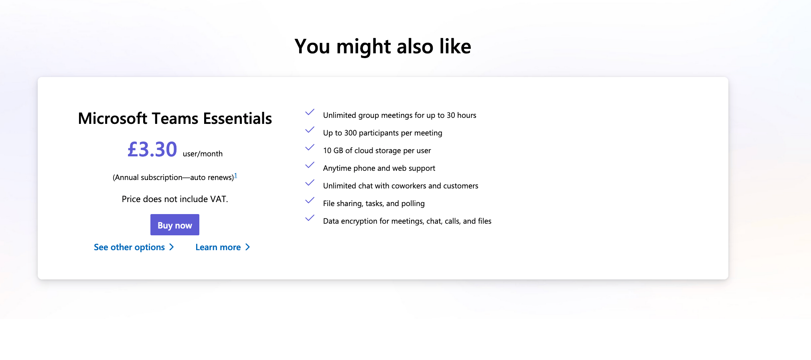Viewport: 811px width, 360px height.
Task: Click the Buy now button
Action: [x=175, y=225]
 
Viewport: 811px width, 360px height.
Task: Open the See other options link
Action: [x=134, y=247]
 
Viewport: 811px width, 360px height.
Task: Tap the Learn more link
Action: [x=223, y=247]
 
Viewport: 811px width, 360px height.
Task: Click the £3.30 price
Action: [x=152, y=150]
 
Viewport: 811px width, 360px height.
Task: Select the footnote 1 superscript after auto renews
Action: [x=236, y=175]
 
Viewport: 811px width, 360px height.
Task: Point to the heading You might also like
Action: [x=383, y=47]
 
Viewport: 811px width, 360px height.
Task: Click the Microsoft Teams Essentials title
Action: [x=175, y=119]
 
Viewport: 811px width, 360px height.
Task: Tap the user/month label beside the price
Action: [x=203, y=154]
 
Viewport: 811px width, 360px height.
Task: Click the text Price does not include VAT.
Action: [x=175, y=199]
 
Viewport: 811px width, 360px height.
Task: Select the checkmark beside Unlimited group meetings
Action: [x=310, y=112]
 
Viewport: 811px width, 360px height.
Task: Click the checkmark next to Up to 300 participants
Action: [x=310, y=130]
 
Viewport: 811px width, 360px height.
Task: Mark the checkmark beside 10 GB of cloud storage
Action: [x=310, y=148]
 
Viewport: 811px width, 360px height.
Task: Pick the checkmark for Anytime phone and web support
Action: [x=310, y=165]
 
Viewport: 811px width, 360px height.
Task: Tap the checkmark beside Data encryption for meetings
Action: [x=310, y=218]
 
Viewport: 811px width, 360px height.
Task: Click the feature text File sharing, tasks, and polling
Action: [x=374, y=204]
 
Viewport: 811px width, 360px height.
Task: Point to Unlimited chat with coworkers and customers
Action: [x=401, y=186]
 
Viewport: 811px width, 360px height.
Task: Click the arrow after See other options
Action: [x=172, y=247]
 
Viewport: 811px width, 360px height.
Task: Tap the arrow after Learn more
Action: [x=248, y=247]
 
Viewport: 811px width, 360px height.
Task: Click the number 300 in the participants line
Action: [x=351, y=133]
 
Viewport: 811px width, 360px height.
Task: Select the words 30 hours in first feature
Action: [x=462, y=115]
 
